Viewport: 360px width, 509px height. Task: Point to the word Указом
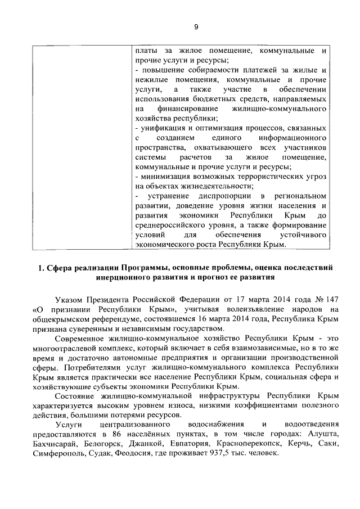point(70,299)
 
